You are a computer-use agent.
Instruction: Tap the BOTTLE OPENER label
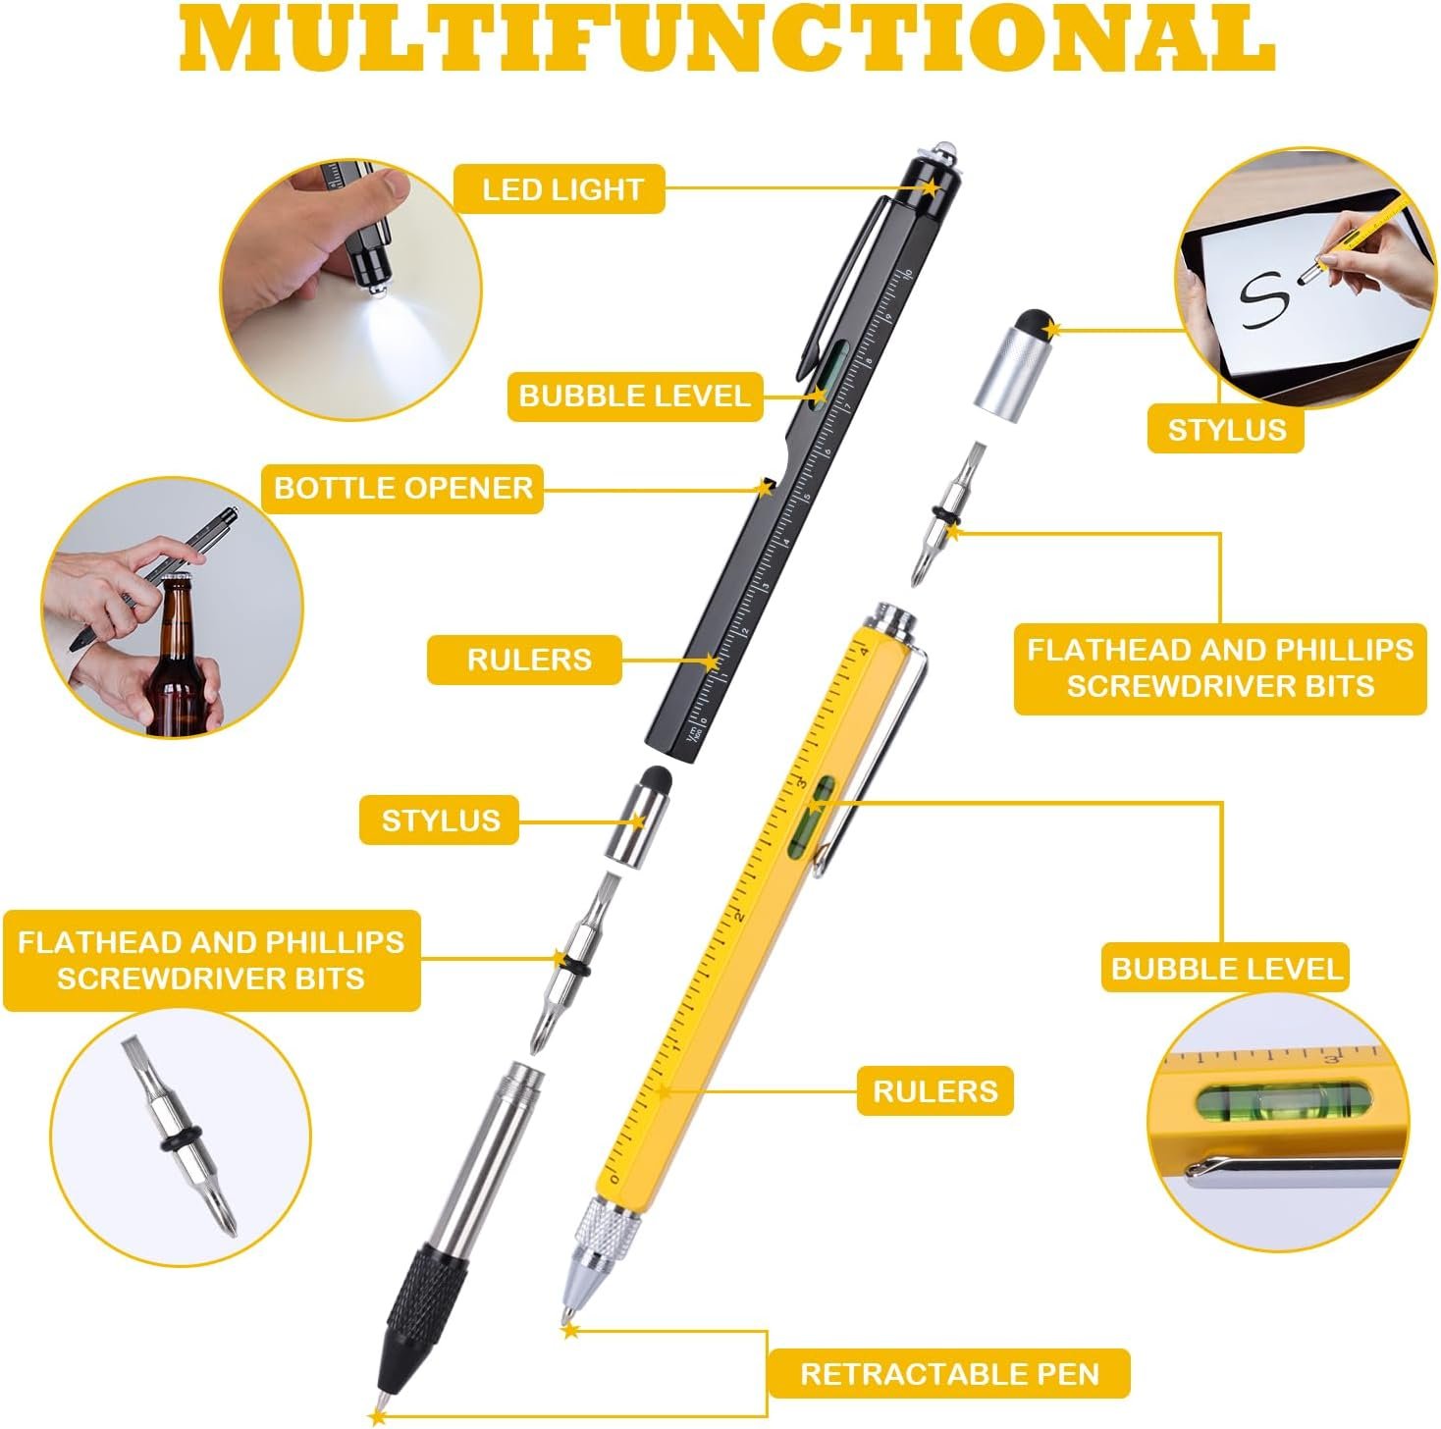(402, 489)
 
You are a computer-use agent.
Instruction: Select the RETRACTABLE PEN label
(949, 1374)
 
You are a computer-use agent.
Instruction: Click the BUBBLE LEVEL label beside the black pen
(635, 397)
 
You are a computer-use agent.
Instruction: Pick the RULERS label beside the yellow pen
(935, 1091)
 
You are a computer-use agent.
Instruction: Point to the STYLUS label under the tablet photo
(1226, 429)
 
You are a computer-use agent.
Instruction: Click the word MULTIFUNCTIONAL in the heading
(726, 36)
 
